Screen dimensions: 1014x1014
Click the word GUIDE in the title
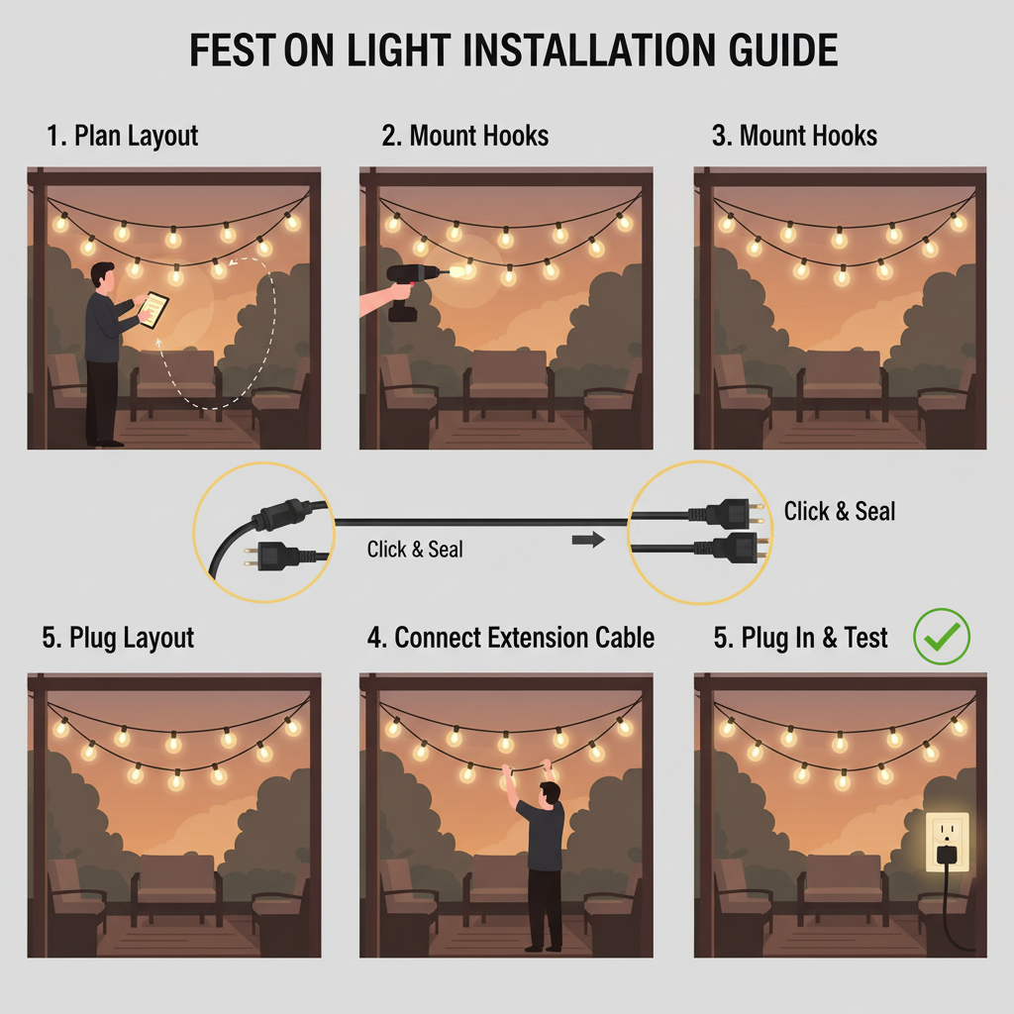783,51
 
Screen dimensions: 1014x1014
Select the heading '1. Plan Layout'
122,137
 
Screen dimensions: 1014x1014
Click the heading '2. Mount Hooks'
465,136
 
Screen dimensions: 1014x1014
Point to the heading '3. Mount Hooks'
794,136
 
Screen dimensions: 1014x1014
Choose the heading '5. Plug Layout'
118,639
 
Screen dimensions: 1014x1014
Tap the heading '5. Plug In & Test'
800,638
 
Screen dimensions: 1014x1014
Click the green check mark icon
942,637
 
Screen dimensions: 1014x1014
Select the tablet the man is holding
153,310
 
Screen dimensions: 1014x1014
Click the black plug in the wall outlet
946,855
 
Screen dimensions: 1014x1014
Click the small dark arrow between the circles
588,540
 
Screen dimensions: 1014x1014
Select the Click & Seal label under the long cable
415,549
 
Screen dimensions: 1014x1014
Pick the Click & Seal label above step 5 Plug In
840,511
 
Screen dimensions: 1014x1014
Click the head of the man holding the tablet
102,275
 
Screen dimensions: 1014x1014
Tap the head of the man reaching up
549,795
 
